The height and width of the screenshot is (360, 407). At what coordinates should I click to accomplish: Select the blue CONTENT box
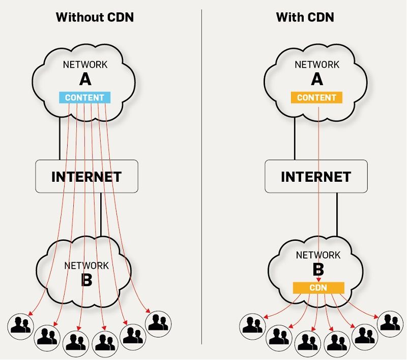click(84, 97)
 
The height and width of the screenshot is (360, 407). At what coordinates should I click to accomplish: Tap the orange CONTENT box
click(316, 97)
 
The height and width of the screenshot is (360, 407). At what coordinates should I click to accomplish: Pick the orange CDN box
click(318, 288)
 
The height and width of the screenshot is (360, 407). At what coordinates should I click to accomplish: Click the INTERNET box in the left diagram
click(86, 177)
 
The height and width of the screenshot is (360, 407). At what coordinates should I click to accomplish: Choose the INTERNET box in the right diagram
click(316, 177)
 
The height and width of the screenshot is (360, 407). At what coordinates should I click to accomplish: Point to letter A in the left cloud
click(85, 79)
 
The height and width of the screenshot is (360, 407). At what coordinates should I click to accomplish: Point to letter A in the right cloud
click(317, 79)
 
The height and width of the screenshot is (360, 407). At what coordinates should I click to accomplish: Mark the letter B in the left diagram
click(86, 280)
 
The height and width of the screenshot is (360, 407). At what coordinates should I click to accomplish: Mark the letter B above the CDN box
click(318, 268)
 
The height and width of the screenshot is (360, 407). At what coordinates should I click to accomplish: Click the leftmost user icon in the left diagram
click(21, 325)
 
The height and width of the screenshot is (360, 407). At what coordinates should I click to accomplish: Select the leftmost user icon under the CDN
click(253, 325)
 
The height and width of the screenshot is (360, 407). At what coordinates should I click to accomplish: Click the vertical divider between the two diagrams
click(202, 178)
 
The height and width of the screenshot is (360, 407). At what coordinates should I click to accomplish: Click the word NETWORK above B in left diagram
click(86, 265)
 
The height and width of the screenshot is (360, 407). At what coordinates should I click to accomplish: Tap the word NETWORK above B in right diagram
click(318, 255)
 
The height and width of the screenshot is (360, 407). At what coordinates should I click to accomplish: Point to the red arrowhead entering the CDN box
click(318, 280)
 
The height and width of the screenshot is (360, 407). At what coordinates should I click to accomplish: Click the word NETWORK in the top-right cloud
click(317, 65)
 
